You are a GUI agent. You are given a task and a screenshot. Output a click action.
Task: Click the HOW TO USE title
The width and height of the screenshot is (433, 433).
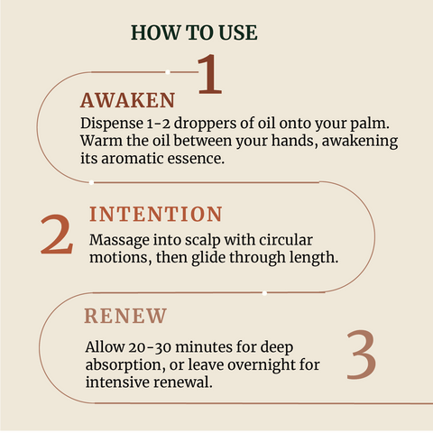pos(194,32)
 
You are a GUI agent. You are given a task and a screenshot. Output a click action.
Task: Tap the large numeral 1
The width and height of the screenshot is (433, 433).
pos(210,74)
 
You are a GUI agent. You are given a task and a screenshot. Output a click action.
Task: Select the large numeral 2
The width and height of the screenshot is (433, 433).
pos(57,235)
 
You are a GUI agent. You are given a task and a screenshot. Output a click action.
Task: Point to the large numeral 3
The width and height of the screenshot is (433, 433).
pos(361,355)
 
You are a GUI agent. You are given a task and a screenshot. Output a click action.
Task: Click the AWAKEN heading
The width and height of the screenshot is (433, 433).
pos(127,100)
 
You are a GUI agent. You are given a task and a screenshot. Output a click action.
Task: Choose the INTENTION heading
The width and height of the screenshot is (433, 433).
pos(156,215)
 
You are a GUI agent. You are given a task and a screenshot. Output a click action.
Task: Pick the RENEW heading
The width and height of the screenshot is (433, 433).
pos(125,316)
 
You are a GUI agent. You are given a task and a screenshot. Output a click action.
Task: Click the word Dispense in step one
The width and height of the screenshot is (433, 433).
pos(112,124)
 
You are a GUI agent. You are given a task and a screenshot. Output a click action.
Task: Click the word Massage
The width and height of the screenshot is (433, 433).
pos(119,241)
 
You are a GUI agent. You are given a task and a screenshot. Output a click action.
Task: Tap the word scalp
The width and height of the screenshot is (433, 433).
pos(203,241)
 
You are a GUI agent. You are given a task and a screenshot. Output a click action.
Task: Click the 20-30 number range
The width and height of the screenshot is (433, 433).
pos(150,347)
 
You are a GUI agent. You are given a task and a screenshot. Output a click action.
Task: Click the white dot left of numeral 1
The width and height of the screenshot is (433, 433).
pos(168,72)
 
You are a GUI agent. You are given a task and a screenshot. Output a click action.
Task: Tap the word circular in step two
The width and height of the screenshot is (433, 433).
pos(286,240)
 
